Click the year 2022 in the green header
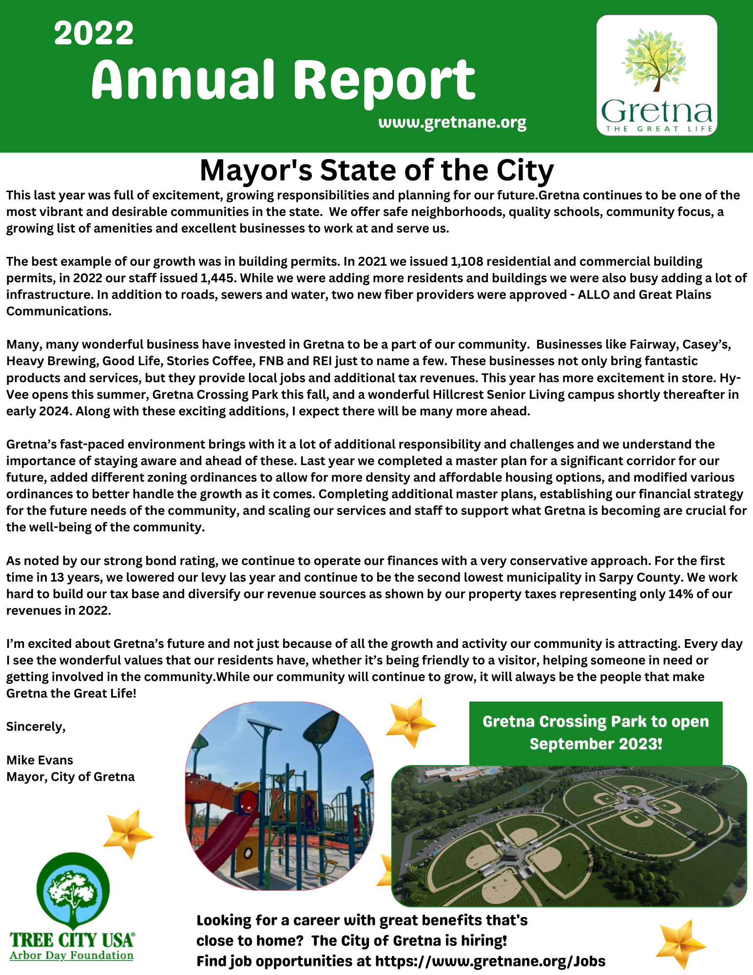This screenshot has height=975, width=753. [94, 33]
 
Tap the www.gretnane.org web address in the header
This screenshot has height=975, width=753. [452, 122]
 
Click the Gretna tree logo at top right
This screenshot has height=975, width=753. [656, 75]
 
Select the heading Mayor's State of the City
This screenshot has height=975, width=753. [376, 170]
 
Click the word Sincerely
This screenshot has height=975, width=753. [36, 727]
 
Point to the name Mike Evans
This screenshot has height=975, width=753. [39, 760]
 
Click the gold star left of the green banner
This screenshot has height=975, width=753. [410, 723]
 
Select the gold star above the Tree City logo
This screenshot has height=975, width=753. [128, 834]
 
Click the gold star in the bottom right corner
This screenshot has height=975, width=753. [680, 944]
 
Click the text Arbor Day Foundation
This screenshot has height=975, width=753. [71, 955]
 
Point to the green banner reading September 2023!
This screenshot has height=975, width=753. [596, 733]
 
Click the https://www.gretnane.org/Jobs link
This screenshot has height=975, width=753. [490, 961]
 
